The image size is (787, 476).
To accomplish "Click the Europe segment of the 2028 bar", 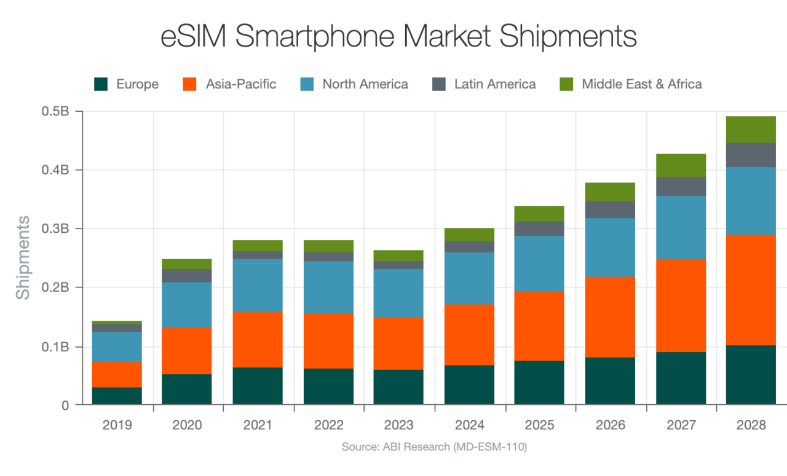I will pos(751,375).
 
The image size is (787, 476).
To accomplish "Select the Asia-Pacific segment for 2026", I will pos(610,317).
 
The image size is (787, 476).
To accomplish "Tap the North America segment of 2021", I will pos(258,286).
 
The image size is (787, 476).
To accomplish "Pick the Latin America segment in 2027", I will pos(681,187).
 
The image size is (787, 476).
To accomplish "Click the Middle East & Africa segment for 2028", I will pos(751,130).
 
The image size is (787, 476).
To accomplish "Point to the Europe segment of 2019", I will pos(117,396).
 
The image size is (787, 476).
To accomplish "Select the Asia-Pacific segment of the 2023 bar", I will pos(398,343).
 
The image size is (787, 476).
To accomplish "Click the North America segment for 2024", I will pos(469,278).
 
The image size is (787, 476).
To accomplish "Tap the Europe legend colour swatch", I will pos(101,84).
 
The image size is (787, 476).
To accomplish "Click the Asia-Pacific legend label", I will pos(241,84).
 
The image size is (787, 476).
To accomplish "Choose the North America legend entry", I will pos(365,84).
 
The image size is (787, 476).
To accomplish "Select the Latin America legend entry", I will pos(495,84).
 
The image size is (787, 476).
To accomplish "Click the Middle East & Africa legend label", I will pos(642,84).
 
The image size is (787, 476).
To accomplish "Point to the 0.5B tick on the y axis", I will pos(55,112).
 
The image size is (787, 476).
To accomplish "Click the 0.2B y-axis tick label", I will pos(55,287).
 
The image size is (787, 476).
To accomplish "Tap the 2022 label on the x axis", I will pos(328,425).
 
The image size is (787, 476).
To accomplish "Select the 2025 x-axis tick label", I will pos(540,425).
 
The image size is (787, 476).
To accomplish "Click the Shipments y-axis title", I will pos(23,257).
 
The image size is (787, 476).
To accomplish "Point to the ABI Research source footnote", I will pos(434,447).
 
